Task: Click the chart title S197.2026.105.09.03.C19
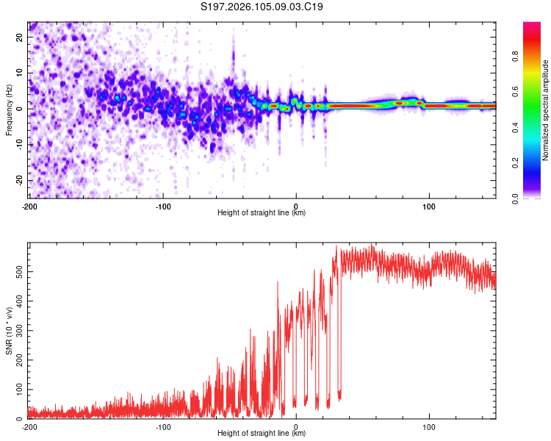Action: point(262,7)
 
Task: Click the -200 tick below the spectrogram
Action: point(29,206)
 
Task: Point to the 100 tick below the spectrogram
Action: point(429,206)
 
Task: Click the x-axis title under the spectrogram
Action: point(262,214)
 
